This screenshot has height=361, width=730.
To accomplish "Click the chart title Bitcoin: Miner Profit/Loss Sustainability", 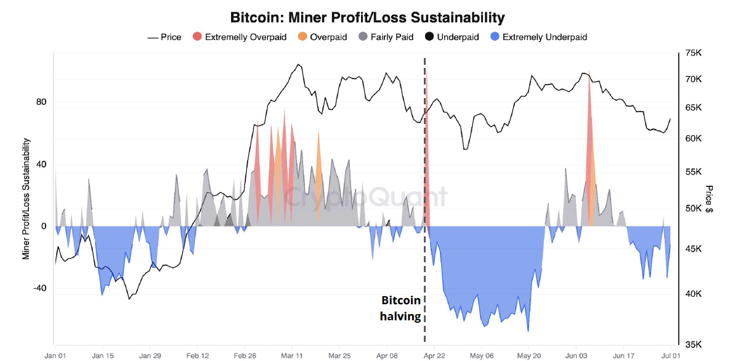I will click(x=367, y=17).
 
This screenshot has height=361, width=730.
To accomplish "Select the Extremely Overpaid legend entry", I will click(x=246, y=37).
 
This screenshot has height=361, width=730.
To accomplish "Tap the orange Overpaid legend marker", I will click(x=302, y=37).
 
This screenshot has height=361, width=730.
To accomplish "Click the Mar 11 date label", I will click(x=292, y=356).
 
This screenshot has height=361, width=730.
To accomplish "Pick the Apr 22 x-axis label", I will click(x=434, y=356).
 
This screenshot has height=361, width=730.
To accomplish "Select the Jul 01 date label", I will click(x=670, y=356).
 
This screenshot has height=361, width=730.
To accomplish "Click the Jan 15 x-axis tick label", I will click(x=103, y=356).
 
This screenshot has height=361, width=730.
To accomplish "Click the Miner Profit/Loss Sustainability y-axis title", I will click(x=26, y=199).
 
